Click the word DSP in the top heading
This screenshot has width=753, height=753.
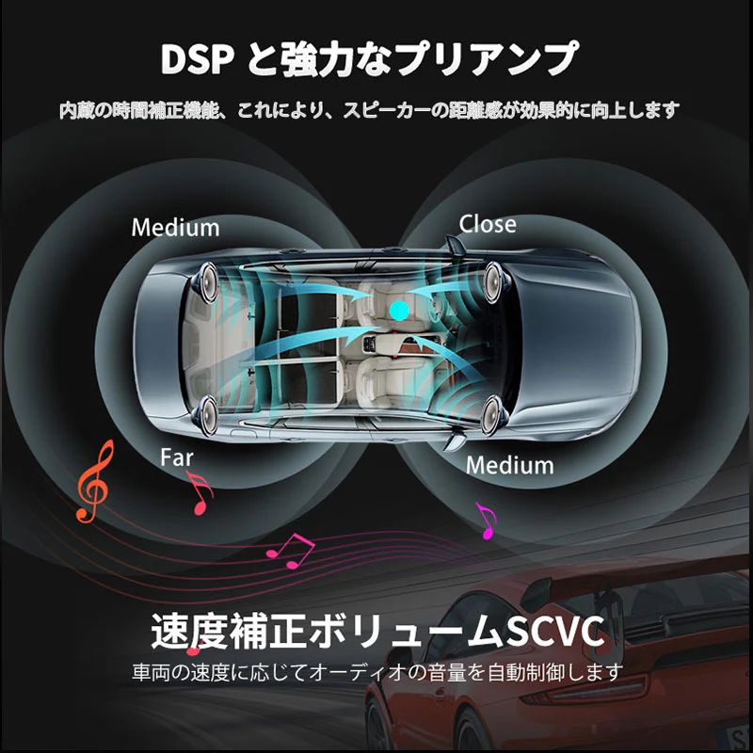tap(197, 58)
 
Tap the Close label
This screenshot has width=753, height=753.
tap(488, 223)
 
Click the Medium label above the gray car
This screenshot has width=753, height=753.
tap(175, 227)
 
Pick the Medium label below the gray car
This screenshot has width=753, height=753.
tap(509, 465)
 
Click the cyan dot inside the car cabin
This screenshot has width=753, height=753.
tap(398, 308)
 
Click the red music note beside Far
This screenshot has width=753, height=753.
tap(199, 492)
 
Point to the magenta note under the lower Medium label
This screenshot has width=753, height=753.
tap(487, 520)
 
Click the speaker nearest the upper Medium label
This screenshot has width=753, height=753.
tap(209, 279)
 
